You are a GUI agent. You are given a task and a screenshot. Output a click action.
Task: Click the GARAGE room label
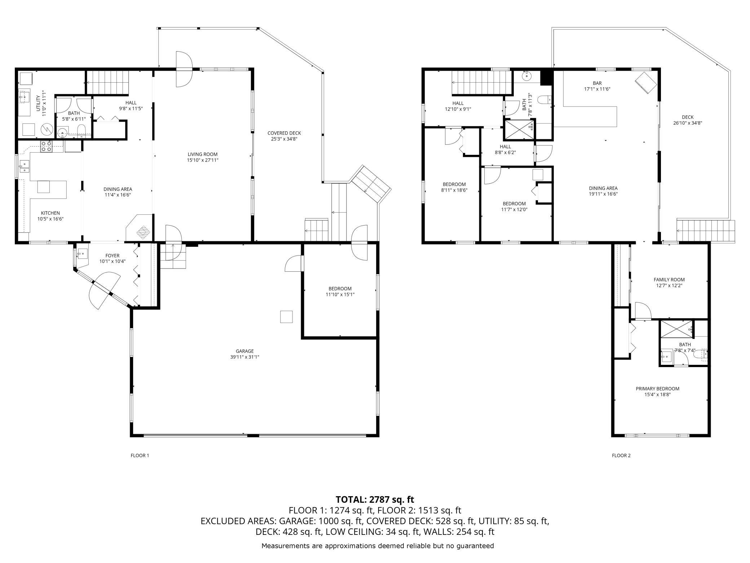point(245,351)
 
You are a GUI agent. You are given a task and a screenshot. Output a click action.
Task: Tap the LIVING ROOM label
point(203,154)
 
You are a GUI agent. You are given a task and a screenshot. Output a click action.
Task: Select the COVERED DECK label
point(284,133)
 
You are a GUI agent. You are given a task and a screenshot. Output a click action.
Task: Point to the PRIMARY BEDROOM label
point(657,389)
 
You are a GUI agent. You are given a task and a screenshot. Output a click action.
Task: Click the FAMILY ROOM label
point(669,279)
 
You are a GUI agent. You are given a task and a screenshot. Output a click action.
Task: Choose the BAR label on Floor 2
point(597,83)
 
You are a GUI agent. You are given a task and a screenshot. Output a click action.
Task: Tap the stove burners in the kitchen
point(46,146)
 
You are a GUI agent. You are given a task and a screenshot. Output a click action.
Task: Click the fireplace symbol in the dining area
point(143,232)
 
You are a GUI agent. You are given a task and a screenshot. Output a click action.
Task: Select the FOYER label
point(112,256)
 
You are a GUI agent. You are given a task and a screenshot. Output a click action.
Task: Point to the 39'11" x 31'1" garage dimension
point(245,357)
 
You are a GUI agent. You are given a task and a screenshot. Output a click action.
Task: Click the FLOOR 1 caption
point(140,455)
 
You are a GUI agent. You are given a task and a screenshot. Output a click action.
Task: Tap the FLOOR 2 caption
point(621,455)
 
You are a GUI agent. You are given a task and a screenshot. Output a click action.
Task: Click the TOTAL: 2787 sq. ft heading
point(375,499)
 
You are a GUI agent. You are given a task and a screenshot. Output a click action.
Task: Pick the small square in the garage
point(286,317)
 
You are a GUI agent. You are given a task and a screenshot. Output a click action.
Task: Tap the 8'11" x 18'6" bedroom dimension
point(454,190)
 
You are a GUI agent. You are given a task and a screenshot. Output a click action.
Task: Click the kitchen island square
point(44,187)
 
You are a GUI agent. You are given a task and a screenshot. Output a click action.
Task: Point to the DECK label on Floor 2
point(688,117)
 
